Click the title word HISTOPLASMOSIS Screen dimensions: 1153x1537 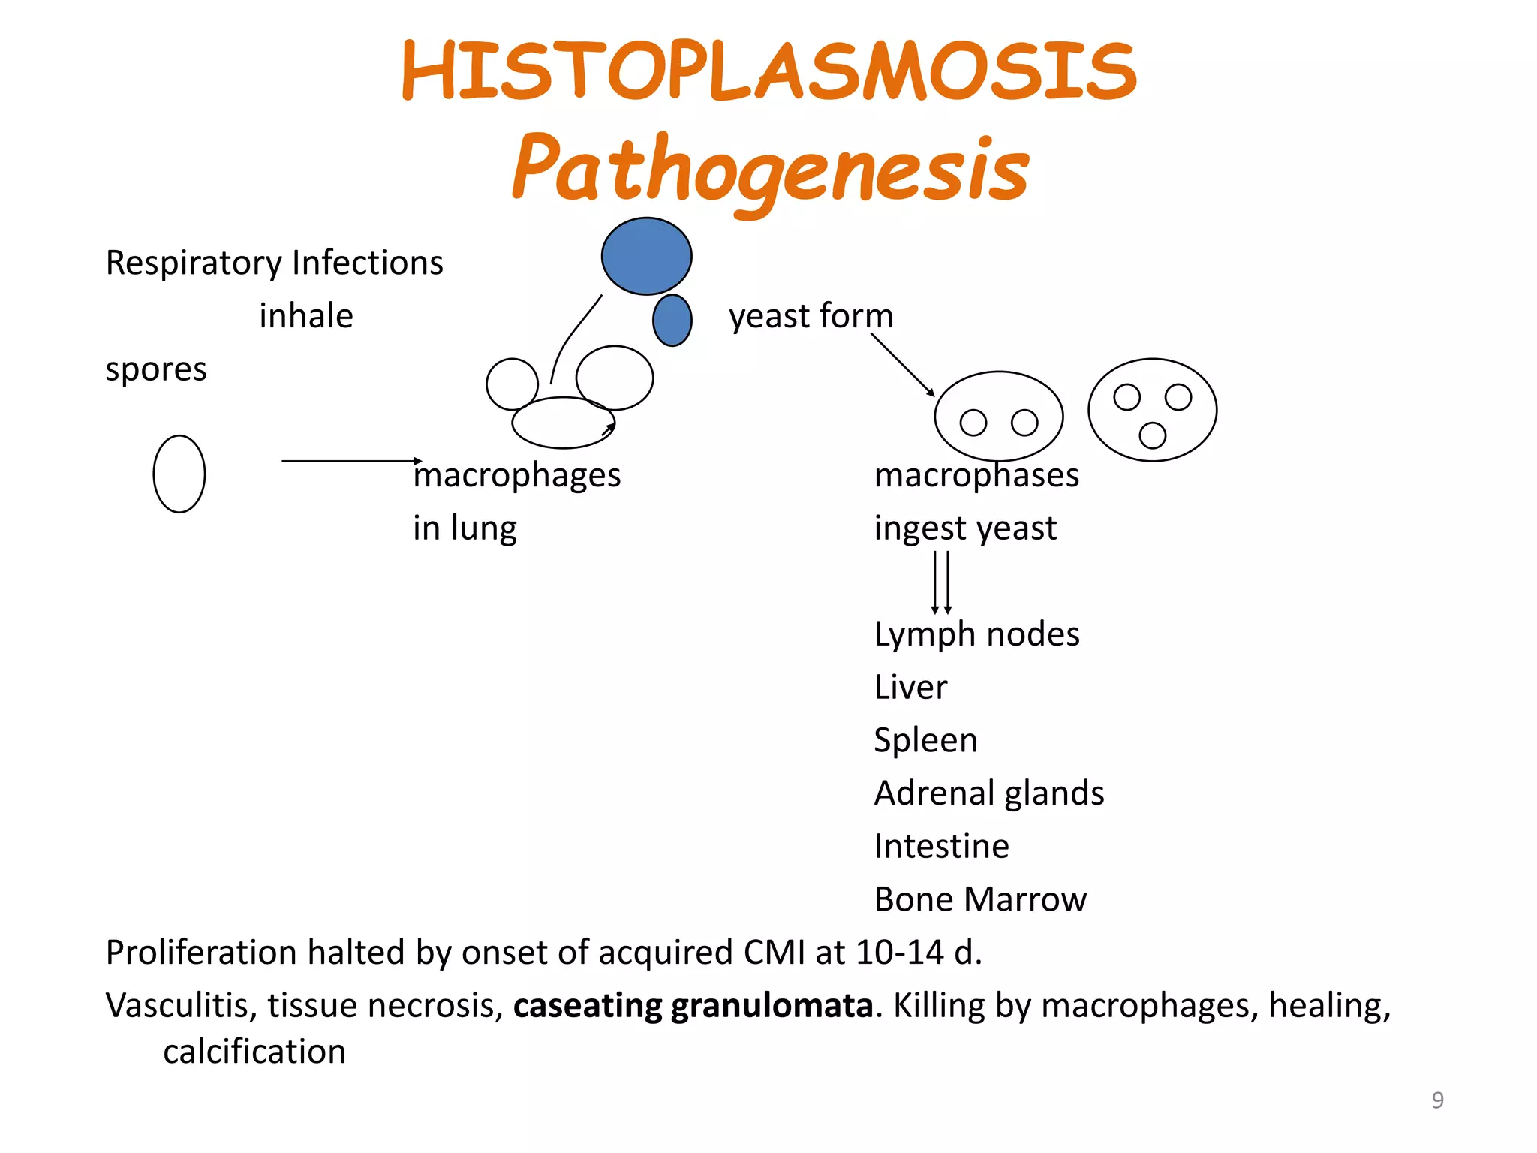click(x=769, y=71)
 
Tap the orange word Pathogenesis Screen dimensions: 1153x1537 click(x=771, y=169)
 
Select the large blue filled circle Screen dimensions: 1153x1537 click(x=646, y=256)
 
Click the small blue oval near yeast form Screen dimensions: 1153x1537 click(x=672, y=321)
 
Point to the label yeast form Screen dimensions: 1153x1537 click(x=811, y=316)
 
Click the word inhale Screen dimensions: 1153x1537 click(x=306, y=316)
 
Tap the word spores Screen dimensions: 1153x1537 click(x=156, y=369)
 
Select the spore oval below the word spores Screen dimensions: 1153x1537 click(x=179, y=474)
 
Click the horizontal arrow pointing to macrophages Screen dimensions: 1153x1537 click(x=351, y=461)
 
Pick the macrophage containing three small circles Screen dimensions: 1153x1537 click(x=1152, y=410)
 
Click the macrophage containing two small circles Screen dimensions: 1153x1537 click(x=998, y=416)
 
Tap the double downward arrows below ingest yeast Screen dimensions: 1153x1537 click(x=941, y=583)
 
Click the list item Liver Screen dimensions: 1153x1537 click(x=910, y=688)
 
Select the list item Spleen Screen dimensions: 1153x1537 click(x=925, y=741)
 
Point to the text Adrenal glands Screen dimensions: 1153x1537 click(x=989, y=793)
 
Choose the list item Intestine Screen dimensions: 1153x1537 click(x=942, y=847)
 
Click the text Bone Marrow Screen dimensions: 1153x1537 click(x=980, y=899)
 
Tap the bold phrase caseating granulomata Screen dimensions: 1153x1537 click(x=693, y=1006)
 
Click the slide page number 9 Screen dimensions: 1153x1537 click(x=1437, y=1100)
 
